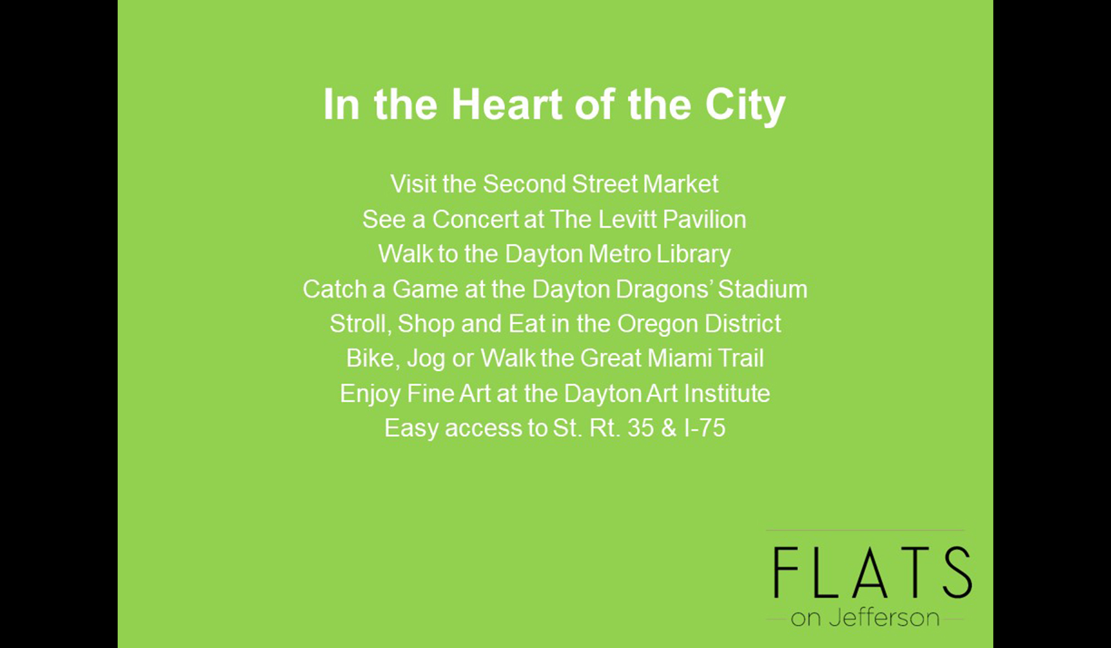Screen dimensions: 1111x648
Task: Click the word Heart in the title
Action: tap(507, 104)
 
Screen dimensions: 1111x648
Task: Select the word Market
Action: tap(680, 184)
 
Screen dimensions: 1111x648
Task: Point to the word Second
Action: tap(524, 184)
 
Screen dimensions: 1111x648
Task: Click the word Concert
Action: tap(475, 219)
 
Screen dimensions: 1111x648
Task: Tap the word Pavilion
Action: tap(704, 219)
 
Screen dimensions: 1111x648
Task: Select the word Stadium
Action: tap(763, 289)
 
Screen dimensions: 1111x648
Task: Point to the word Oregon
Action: tap(657, 324)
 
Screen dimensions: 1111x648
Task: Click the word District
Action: tap(743, 323)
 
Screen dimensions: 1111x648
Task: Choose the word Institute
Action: tap(727, 393)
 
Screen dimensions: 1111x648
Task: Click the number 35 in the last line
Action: tap(640, 428)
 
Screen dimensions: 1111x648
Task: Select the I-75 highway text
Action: tap(705, 428)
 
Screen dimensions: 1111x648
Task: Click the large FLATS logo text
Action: tap(872, 572)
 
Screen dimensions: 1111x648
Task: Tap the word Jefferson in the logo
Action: tap(884, 618)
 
